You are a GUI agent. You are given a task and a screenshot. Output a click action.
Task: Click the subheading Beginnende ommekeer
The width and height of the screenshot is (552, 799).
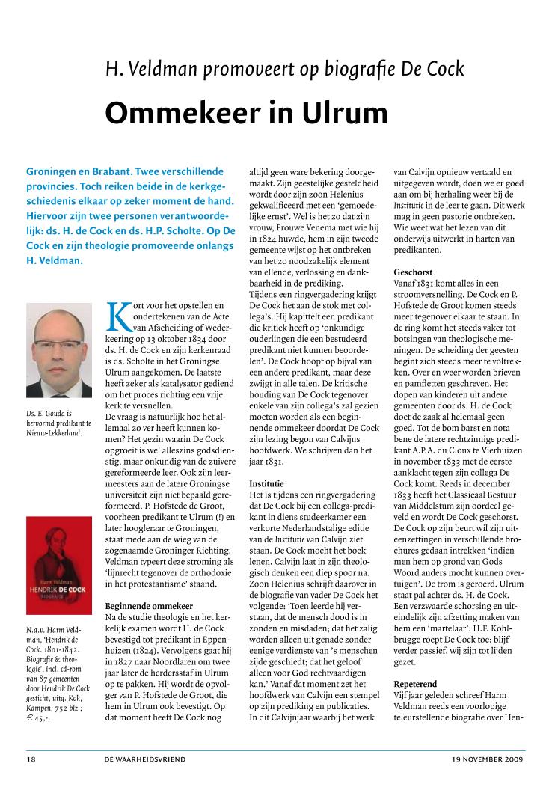(150, 584)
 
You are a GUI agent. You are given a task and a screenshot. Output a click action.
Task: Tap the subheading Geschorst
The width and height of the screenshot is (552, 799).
(413, 272)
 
